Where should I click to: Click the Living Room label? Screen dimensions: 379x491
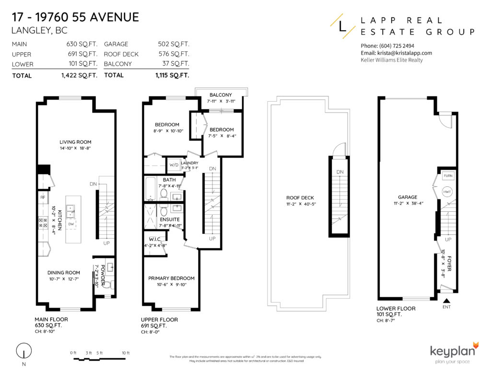tap(75, 142)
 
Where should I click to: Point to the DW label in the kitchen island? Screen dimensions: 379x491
tap(71, 223)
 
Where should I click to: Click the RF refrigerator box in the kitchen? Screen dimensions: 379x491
tap(42, 196)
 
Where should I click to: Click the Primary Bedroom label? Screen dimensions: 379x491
tap(171, 278)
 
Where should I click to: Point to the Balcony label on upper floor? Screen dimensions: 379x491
tap(221, 95)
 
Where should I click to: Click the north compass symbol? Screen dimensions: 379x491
tap(22, 352)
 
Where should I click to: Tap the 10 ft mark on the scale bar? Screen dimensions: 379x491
tap(126, 353)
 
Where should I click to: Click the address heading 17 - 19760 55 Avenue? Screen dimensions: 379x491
tap(75, 18)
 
